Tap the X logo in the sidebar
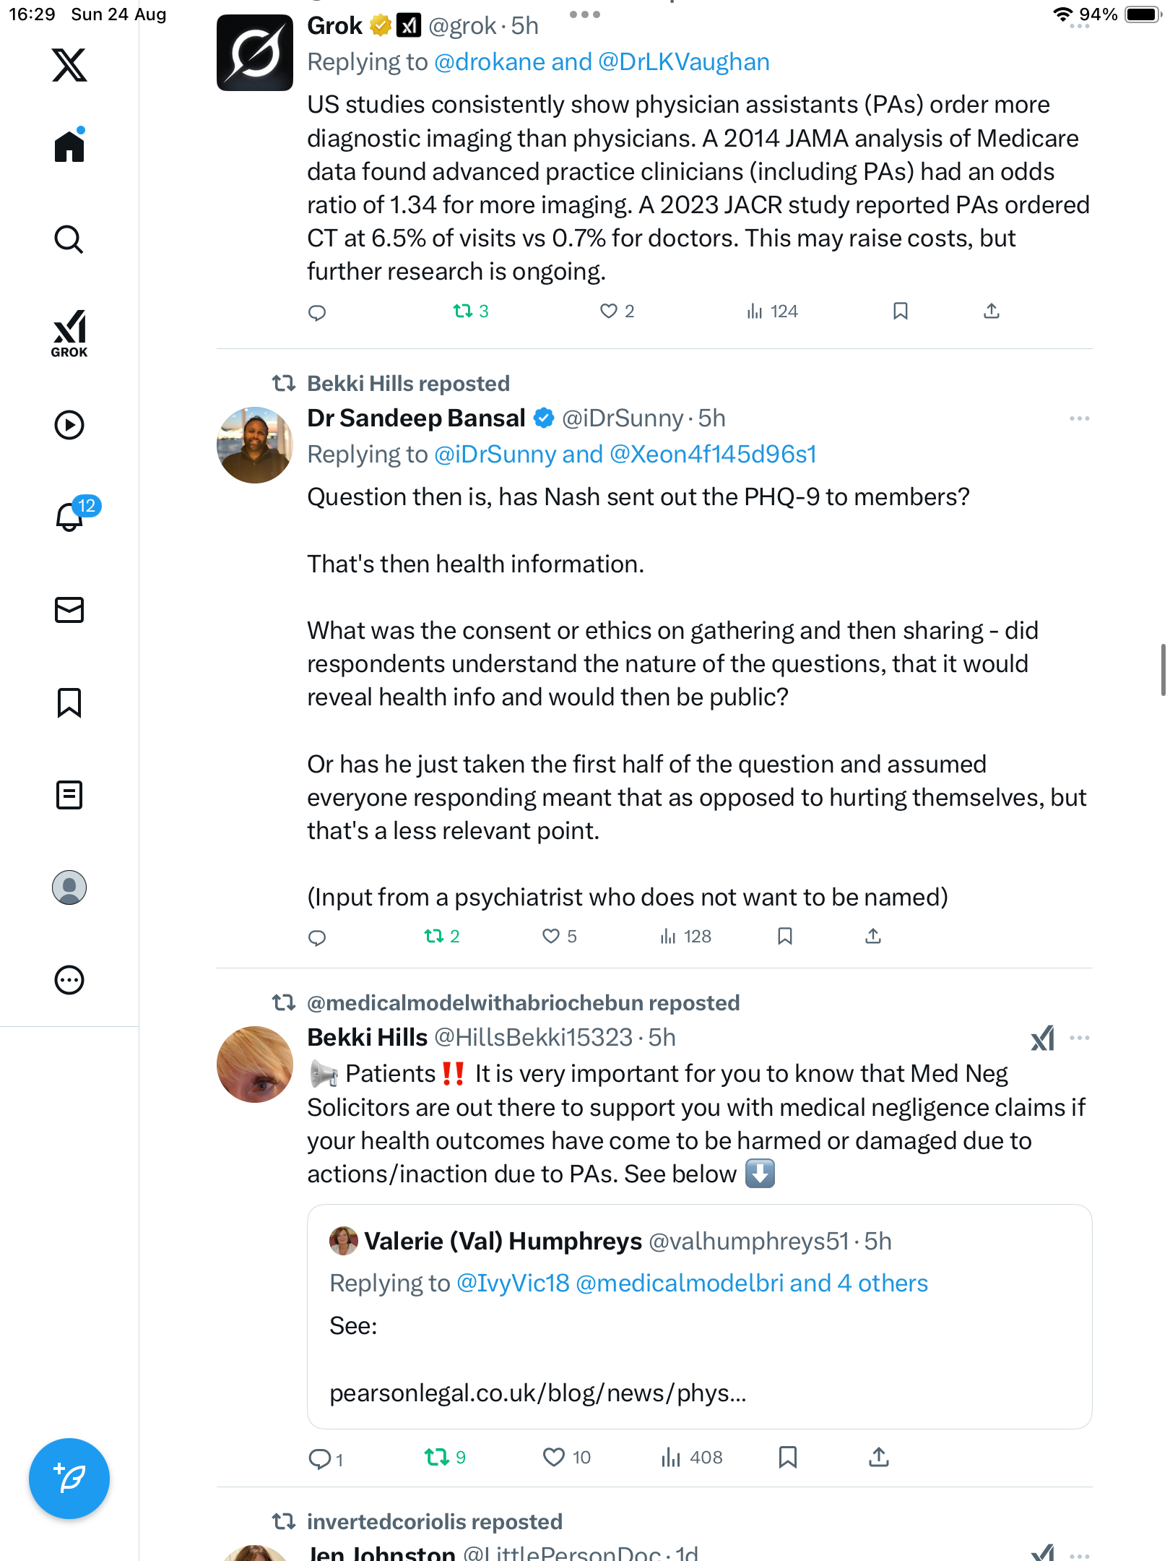[69, 65]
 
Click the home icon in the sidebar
[69, 146]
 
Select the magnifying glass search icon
[69, 239]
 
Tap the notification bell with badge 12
[70, 516]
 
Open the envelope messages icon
[69, 610]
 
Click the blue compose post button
[69, 1479]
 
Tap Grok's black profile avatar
[254, 53]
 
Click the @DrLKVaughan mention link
[683, 62]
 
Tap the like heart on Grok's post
[609, 311]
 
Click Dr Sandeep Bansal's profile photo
[254, 445]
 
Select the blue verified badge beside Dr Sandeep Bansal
[544, 418]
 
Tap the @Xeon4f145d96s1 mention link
[713, 454]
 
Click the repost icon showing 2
[433, 937]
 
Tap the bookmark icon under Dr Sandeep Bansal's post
[785, 937]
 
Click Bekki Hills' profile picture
[254, 1065]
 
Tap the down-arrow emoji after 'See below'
[759, 1174]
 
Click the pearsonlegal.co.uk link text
[537, 1393]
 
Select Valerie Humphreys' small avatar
[344, 1241]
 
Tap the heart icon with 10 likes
[553, 1457]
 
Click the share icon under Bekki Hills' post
[878, 1457]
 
